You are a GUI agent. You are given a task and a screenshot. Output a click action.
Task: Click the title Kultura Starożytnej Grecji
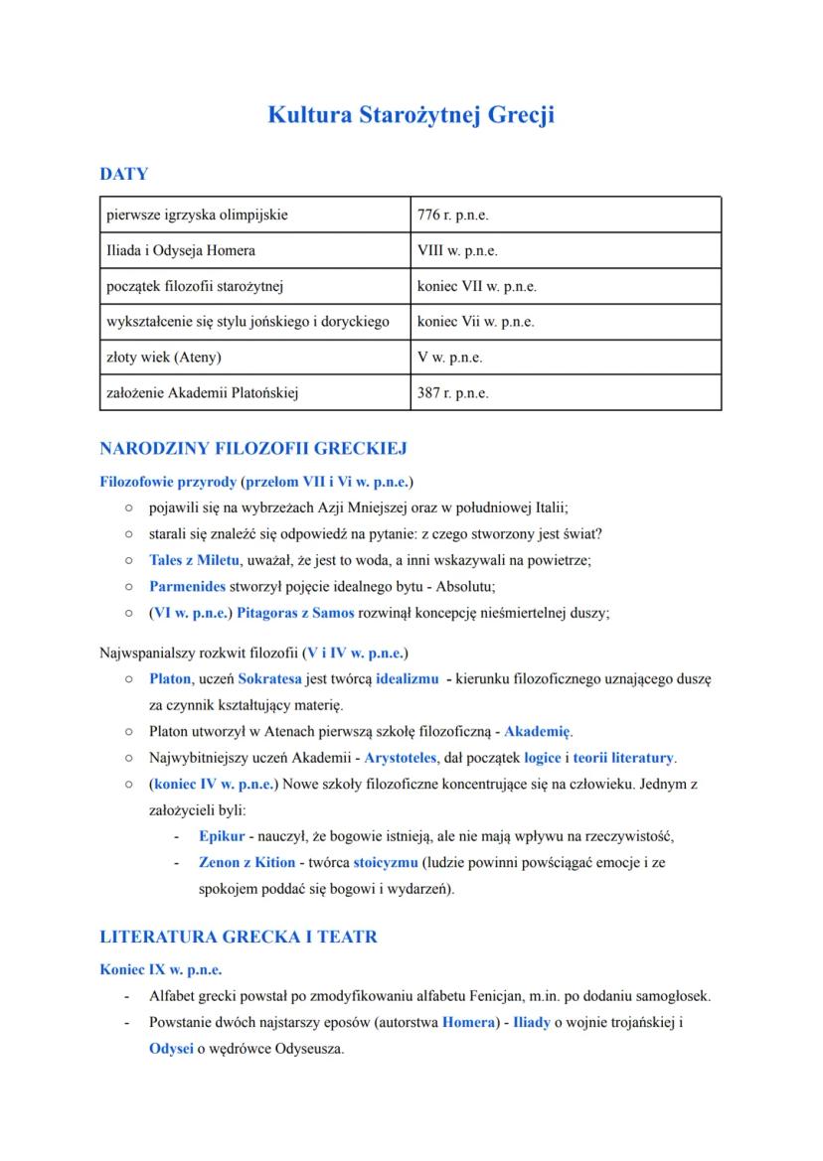(x=411, y=115)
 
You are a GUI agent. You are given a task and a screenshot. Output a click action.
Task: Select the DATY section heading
(x=124, y=174)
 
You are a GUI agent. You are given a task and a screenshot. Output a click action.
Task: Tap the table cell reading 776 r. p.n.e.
(x=453, y=215)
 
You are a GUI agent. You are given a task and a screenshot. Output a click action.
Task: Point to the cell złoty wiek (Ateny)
(x=164, y=357)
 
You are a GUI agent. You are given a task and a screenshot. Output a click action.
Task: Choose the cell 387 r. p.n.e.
(x=453, y=392)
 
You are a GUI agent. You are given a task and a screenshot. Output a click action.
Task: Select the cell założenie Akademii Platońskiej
(x=203, y=392)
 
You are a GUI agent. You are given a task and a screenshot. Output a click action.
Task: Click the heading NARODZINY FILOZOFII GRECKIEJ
(x=253, y=449)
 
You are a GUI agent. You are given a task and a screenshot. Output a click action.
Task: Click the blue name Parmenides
(x=188, y=586)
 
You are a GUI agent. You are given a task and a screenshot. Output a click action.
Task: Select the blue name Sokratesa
(x=265, y=679)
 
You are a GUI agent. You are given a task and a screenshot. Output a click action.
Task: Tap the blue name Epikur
(x=222, y=836)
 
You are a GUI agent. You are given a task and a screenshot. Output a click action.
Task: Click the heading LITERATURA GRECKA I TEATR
(x=239, y=937)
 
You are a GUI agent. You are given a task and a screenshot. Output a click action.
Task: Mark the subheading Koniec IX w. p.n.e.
(x=161, y=968)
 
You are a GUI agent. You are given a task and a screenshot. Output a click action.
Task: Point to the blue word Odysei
(x=171, y=1048)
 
